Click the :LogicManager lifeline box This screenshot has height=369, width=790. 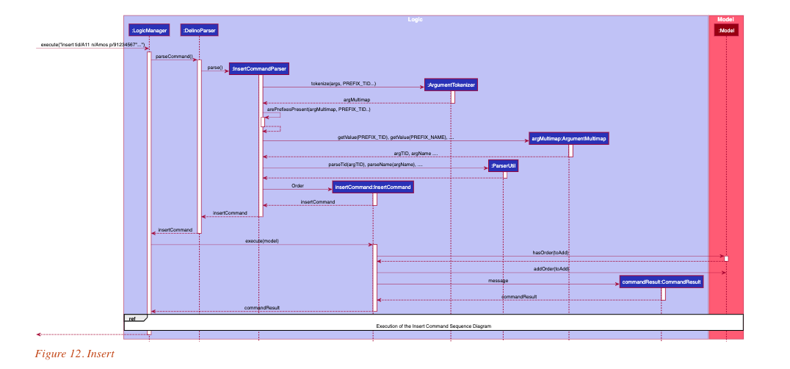(149, 30)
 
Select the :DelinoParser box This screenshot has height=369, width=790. (199, 30)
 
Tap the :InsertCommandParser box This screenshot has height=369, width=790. (258, 69)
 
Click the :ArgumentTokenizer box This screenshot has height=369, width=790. (451, 85)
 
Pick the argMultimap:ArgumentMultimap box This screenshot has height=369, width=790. (569, 138)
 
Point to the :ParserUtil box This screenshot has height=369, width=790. (504, 167)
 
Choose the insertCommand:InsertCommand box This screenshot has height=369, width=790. (373, 187)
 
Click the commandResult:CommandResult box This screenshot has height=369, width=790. (662, 282)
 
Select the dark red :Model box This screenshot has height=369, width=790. (725, 30)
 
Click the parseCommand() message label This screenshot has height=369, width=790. (174, 57)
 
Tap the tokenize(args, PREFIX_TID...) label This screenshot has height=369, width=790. (344, 84)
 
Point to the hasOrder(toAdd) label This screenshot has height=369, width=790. (551, 253)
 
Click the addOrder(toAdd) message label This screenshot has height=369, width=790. (551, 269)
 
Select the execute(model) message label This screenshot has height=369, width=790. (262, 241)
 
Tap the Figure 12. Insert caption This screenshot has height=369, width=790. (75, 354)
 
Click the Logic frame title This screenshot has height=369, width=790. (415, 18)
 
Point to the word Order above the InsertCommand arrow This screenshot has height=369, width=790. (297, 186)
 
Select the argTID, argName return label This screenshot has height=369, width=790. (416, 154)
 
